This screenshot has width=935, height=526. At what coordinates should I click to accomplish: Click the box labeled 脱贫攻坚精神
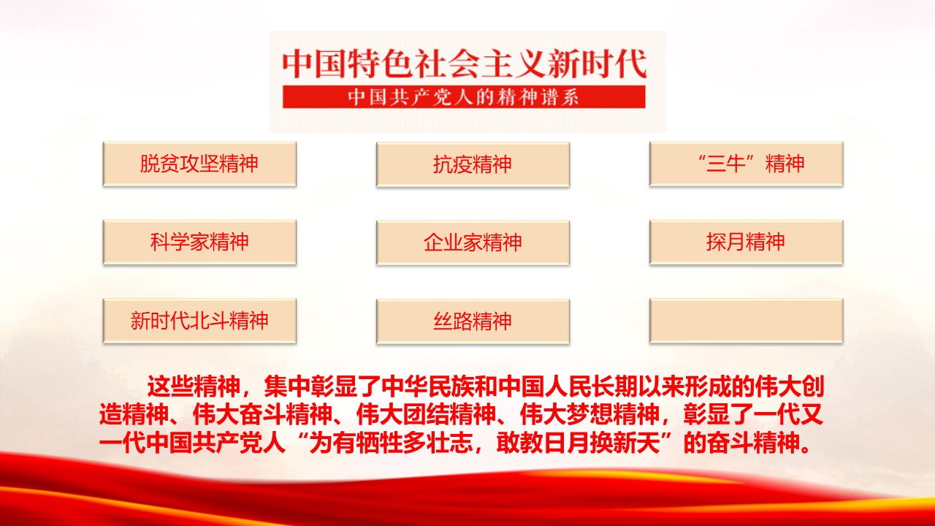click(199, 164)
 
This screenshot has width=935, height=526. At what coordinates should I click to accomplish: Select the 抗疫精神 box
click(473, 164)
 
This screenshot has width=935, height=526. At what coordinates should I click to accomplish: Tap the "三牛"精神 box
click(747, 164)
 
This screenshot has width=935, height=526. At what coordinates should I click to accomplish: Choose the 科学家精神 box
click(199, 242)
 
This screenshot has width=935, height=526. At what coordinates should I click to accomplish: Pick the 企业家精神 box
click(473, 243)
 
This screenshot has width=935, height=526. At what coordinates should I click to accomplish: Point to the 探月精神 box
click(747, 242)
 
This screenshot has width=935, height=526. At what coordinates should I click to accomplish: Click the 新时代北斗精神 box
click(199, 321)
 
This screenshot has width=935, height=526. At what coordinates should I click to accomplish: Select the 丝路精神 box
click(473, 321)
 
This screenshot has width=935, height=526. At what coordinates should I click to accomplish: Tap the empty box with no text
click(747, 321)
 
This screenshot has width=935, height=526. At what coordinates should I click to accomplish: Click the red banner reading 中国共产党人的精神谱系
click(464, 97)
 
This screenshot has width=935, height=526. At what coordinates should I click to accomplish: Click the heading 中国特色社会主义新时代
click(464, 64)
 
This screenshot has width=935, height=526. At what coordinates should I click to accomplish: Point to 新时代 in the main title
click(598, 64)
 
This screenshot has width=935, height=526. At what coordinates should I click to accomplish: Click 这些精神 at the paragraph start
click(194, 386)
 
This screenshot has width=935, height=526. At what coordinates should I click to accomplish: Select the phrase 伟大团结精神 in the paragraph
click(426, 414)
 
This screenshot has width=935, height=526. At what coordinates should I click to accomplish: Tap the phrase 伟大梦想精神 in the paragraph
click(589, 414)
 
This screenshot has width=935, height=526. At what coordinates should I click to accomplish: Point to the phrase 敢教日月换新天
click(578, 443)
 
